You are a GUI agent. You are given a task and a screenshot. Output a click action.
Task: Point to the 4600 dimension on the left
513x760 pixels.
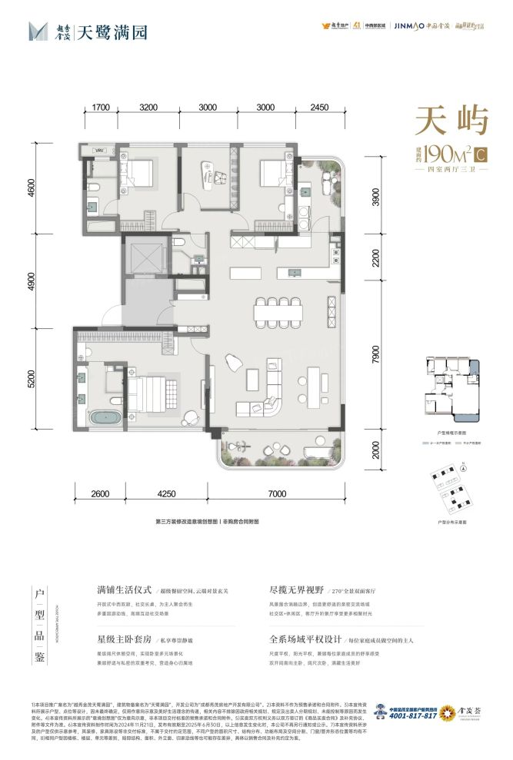(54, 188)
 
